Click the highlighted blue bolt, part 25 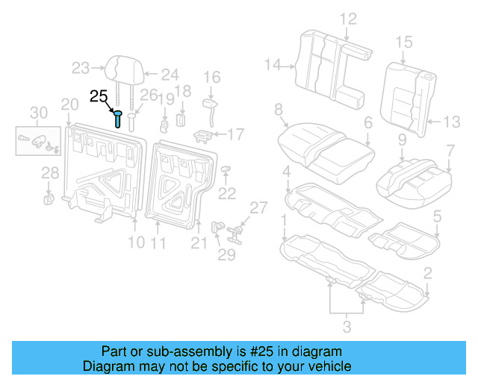[x=118, y=119]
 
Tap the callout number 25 [x=99, y=96]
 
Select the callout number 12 [x=349, y=19]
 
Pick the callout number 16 [x=212, y=77]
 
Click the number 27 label [x=258, y=207]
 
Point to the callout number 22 [x=226, y=194]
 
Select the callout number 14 [x=273, y=66]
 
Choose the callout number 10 [x=135, y=242]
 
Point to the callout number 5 [x=438, y=217]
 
